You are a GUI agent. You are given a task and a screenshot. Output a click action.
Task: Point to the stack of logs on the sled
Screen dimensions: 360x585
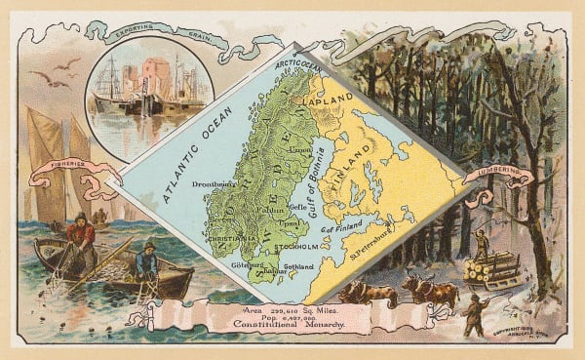point(489,269)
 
